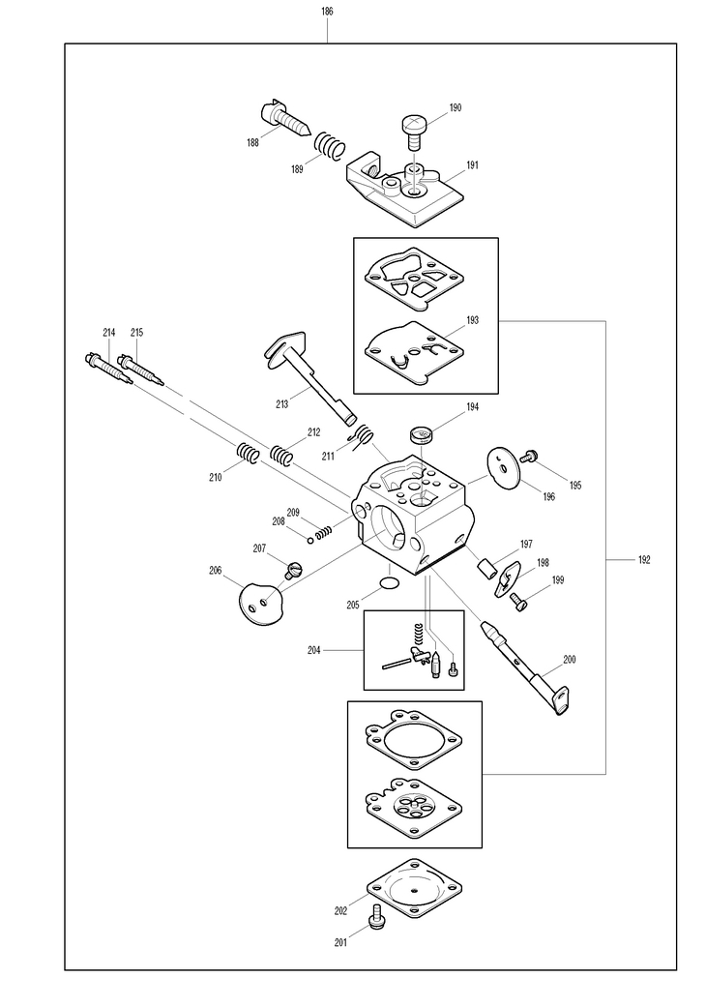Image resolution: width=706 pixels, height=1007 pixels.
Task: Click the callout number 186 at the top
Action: click(x=327, y=11)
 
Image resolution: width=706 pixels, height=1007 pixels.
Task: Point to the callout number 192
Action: click(x=644, y=559)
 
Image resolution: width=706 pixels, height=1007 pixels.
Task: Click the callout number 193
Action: click(x=472, y=320)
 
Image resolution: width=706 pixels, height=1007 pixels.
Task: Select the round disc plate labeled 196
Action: click(x=503, y=467)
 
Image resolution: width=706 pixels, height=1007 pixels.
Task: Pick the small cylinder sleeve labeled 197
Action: click(x=486, y=569)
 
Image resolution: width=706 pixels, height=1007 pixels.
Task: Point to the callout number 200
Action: click(x=570, y=659)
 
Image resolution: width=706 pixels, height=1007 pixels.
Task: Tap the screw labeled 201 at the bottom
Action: click(x=377, y=914)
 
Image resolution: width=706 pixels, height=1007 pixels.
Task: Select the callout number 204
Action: click(x=313, y=650)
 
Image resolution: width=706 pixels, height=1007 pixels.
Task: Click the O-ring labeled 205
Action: click(x=390, y=582)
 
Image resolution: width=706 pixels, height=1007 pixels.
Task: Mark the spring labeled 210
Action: click(x=248, y=454)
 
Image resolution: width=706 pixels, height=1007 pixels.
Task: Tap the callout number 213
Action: click(x=281, y=404)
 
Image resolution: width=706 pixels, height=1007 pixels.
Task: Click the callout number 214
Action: click(x=109, y=332)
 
